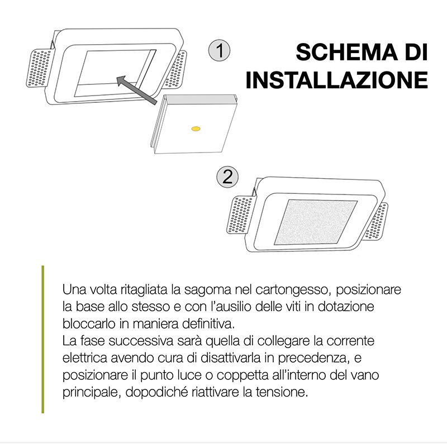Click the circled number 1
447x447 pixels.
tap(220, 51)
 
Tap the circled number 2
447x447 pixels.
tap(227, 177)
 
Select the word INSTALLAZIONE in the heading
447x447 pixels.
tap(337, 80)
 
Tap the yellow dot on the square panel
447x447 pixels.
tap(195, 130)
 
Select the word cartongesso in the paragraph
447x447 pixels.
tap(288, 291)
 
